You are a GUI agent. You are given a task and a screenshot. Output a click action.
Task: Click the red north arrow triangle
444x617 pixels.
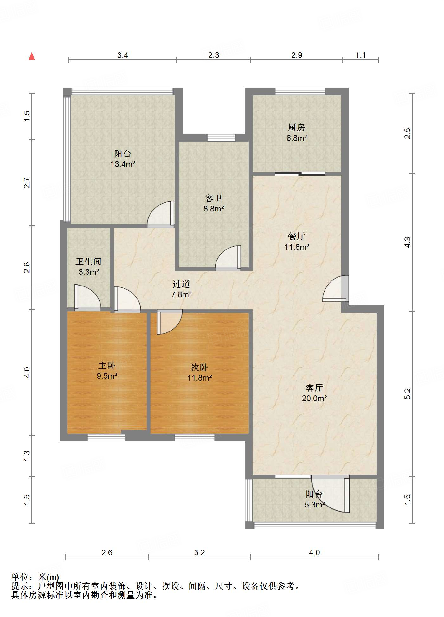pos(32,56)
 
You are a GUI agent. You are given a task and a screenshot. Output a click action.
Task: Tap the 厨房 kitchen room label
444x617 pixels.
pos(297,127)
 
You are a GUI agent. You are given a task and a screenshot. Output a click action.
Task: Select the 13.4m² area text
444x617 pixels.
pos(123,164)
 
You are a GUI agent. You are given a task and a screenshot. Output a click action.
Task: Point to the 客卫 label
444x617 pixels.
pos(214,198)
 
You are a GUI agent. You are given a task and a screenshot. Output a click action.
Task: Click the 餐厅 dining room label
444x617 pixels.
pos(297,236)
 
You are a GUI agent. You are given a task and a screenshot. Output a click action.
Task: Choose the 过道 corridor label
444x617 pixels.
pos(181,284)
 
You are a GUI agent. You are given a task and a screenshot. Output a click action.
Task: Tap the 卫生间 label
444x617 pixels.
pos(88,261)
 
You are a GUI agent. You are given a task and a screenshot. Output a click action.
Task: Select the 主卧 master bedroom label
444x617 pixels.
pos(107,366)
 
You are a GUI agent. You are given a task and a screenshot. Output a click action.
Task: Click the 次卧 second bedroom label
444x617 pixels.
pos(199,367)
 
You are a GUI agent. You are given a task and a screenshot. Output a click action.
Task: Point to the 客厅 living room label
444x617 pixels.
pos(314,388)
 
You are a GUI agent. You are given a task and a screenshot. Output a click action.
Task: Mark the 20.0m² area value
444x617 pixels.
pos(314,398)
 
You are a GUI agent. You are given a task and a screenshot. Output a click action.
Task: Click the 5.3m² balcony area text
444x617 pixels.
pos(315,505)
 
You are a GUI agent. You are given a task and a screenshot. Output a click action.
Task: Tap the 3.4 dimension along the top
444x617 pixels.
pos(123,55)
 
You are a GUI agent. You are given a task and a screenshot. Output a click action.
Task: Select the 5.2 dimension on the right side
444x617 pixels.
pos(408,394)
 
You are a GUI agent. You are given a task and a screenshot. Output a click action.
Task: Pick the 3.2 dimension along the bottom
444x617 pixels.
pos(199,552)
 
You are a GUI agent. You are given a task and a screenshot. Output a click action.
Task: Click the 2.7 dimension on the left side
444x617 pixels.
pos(27,183)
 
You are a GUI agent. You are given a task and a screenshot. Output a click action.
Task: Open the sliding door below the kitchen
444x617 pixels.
pos(300,173)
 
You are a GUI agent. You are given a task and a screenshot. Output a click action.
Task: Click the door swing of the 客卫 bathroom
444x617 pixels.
pos(228,258)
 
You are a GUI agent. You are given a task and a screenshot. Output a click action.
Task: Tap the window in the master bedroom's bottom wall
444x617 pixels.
pos(106,438)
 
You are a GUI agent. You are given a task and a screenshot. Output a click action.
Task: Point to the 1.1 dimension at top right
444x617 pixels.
pos(361,55)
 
